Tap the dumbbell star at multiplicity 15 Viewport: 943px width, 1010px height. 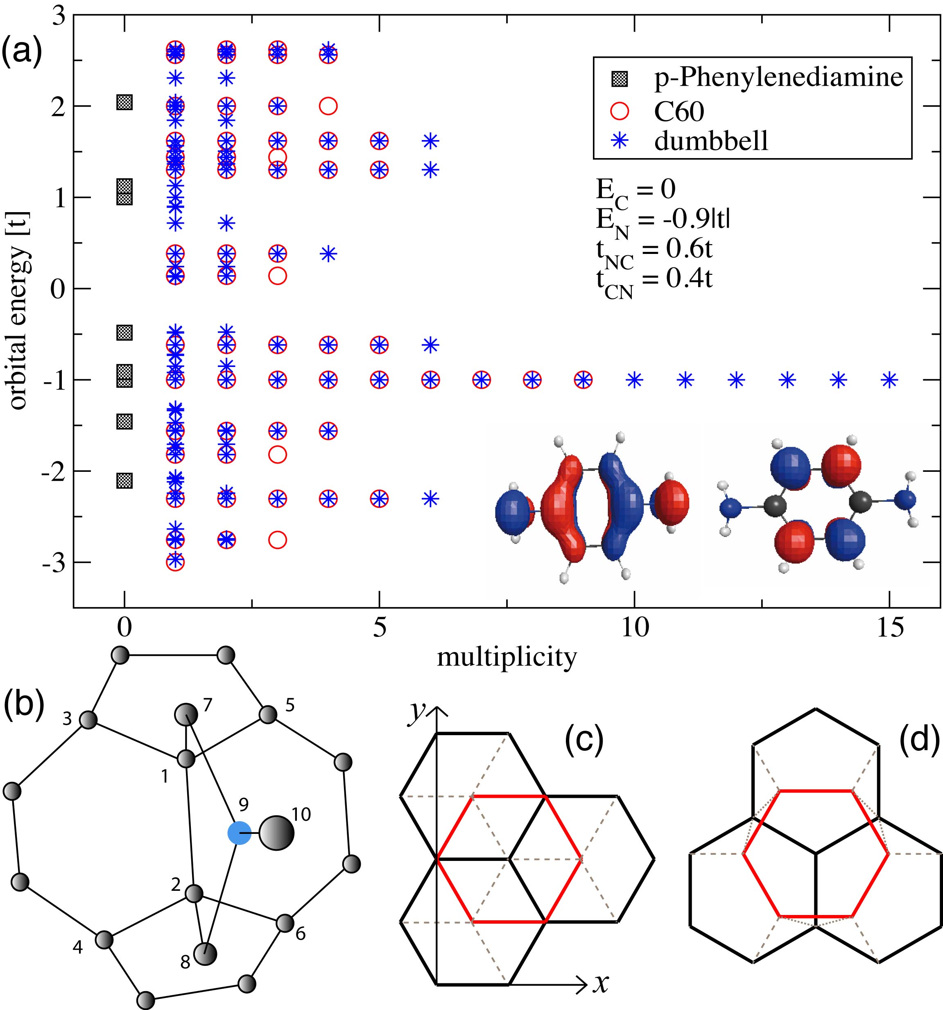click(x=889, y=380)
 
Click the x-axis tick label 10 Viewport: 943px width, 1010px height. click(x=635, y=628)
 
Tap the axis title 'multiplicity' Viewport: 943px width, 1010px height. click(x=507, y=657)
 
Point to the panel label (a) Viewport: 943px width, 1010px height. click(x=21, y=52)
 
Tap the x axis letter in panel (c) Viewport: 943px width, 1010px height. click(x=601, y=983)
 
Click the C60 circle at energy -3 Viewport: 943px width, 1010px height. click(x=175, y=562)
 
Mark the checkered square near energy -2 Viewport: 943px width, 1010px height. click(x=124, y=480)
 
